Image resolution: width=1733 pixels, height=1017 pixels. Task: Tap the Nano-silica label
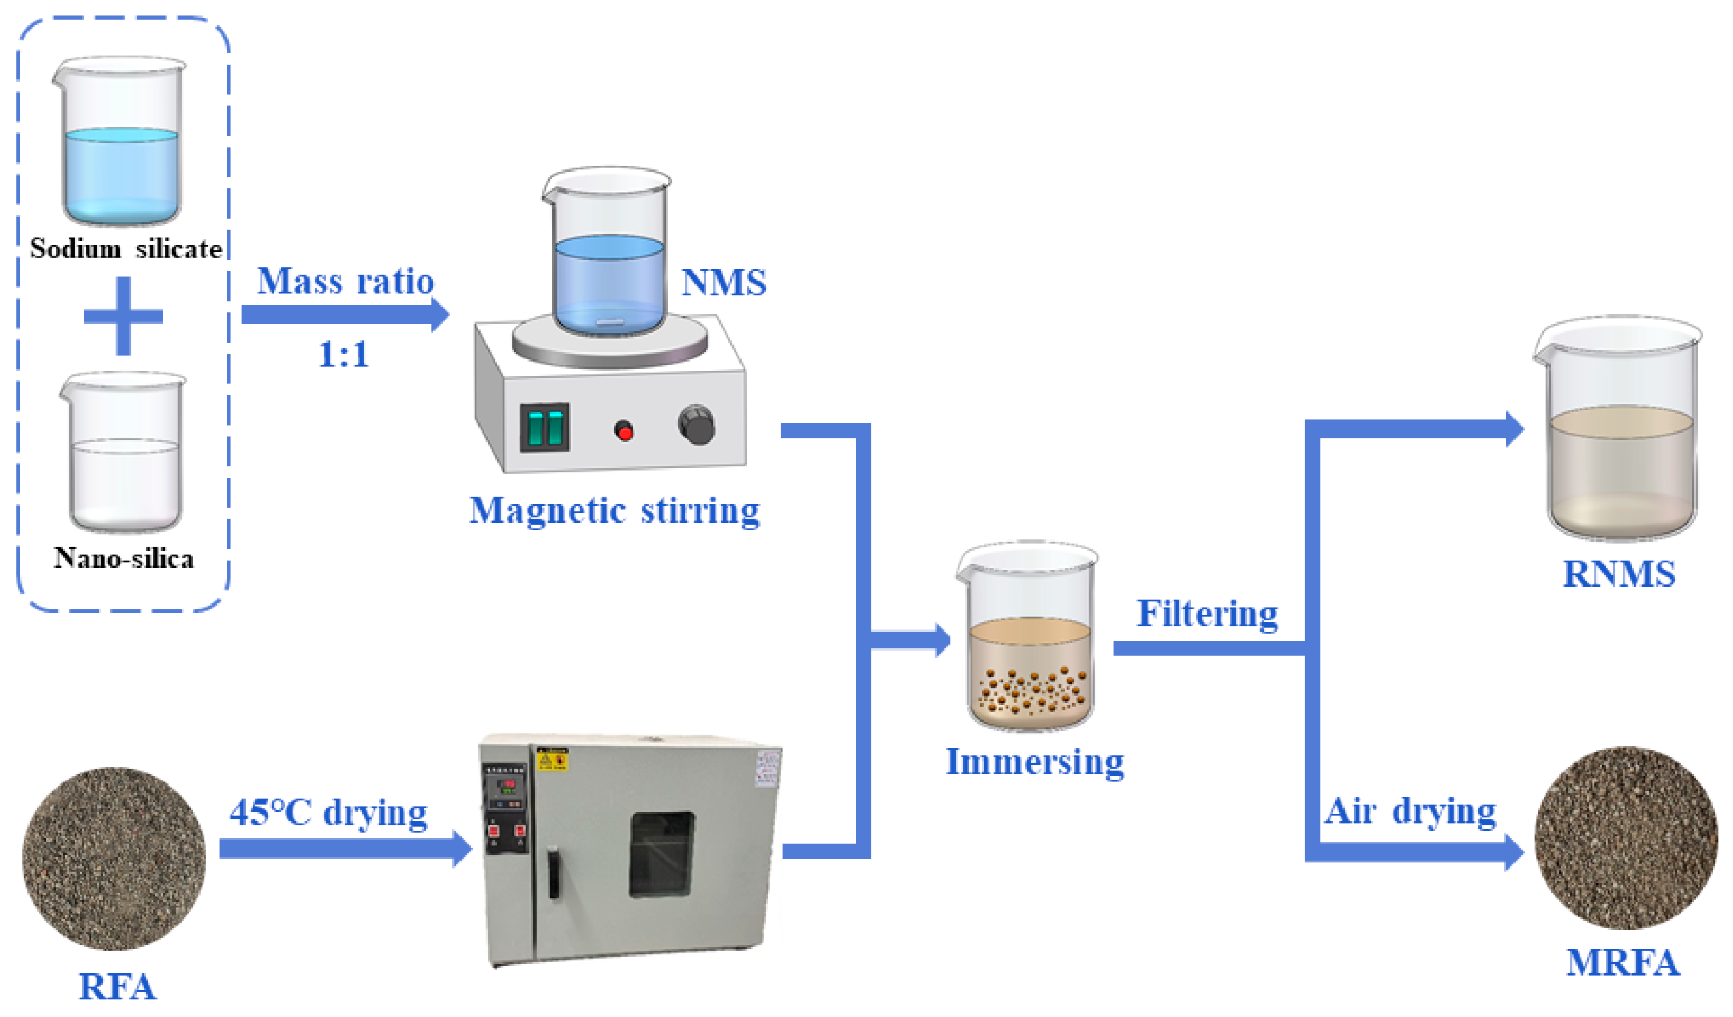[124, 558]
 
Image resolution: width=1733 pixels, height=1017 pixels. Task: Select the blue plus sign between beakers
[123, 316]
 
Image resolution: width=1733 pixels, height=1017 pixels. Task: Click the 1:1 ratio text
[343, 354]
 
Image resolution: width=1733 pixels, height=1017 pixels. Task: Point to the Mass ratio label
[345, 281]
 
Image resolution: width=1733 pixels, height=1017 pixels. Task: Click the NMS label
[723, 283]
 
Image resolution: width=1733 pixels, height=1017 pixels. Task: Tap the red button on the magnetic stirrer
[623, 430]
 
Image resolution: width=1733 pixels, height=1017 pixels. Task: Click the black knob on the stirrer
[696, 424]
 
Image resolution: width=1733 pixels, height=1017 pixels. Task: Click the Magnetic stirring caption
[614, 511]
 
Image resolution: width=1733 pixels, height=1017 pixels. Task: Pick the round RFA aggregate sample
[114, 858]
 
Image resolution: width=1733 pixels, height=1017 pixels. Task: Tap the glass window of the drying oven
[661, 855]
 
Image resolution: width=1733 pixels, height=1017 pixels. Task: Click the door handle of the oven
[554, 872]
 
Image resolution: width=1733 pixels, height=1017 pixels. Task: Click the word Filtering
[1207, 613]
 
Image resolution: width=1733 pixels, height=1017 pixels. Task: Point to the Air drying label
[1410, 811]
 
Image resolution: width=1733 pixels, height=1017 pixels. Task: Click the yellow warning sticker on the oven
[552, 760]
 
